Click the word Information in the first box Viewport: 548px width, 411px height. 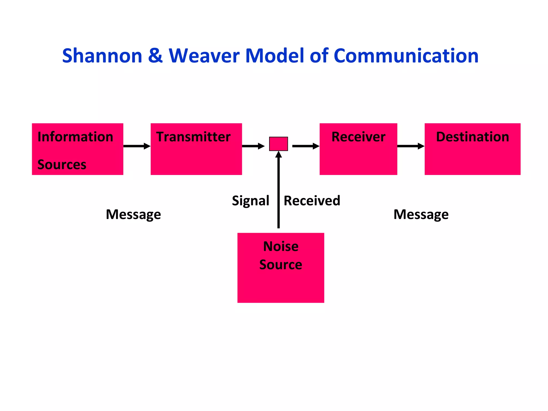click(x=75, y=137)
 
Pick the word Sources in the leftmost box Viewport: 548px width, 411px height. click(x=62, y=164)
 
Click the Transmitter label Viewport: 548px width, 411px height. click(x=193, y=137)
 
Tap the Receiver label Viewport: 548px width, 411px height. click(x=358, y=137)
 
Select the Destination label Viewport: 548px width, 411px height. click(x=472, y=137)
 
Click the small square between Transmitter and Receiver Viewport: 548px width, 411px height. click(x=278, y=144)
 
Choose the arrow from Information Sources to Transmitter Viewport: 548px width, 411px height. click(x=137, y=146)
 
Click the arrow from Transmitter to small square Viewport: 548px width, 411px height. click(x=253, y=146)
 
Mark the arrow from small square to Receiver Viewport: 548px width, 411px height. click(x=306, y=146)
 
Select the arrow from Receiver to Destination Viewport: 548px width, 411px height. click(x=411, y=146)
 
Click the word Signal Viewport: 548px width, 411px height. click(x=250, y=201)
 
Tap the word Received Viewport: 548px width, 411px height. click(x=312, y=201)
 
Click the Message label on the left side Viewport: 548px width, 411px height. click(x=133, y=214)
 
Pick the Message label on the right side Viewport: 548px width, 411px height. click(x=421, y=214)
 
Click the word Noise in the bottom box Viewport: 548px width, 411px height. click(x=281, y=246)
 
